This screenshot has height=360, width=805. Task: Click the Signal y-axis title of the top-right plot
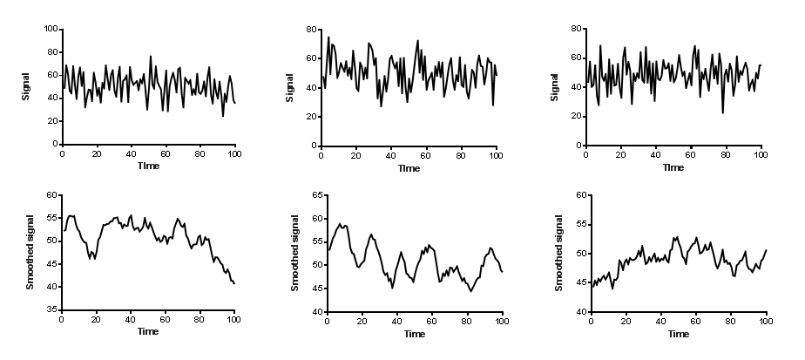554,86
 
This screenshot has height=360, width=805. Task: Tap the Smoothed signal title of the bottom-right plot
555,253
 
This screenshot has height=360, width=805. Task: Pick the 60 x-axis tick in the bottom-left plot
166,320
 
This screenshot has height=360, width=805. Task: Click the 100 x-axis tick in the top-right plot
760,154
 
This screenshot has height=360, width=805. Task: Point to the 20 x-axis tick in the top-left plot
96,154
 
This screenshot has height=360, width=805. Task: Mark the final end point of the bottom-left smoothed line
234,284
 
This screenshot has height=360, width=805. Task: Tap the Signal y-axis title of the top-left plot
27,86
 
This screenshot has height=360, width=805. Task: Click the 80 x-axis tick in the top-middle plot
461,154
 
